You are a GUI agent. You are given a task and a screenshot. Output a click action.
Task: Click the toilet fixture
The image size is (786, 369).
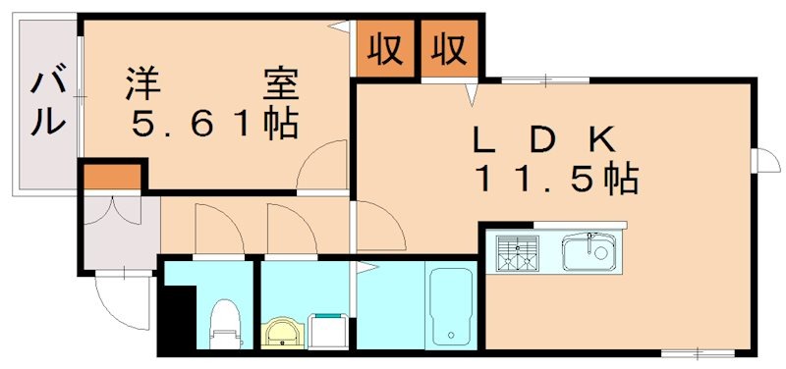(x=226, y=323)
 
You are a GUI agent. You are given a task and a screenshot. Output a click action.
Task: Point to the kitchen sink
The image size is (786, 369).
(x=590, y=254)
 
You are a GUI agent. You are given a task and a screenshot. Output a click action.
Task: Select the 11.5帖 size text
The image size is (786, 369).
(x=556, y=180)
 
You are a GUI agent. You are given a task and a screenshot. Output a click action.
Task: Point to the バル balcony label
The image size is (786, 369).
(x=47, y=104)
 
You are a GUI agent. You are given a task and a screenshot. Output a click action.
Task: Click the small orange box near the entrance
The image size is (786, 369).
(x=111, y=178)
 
